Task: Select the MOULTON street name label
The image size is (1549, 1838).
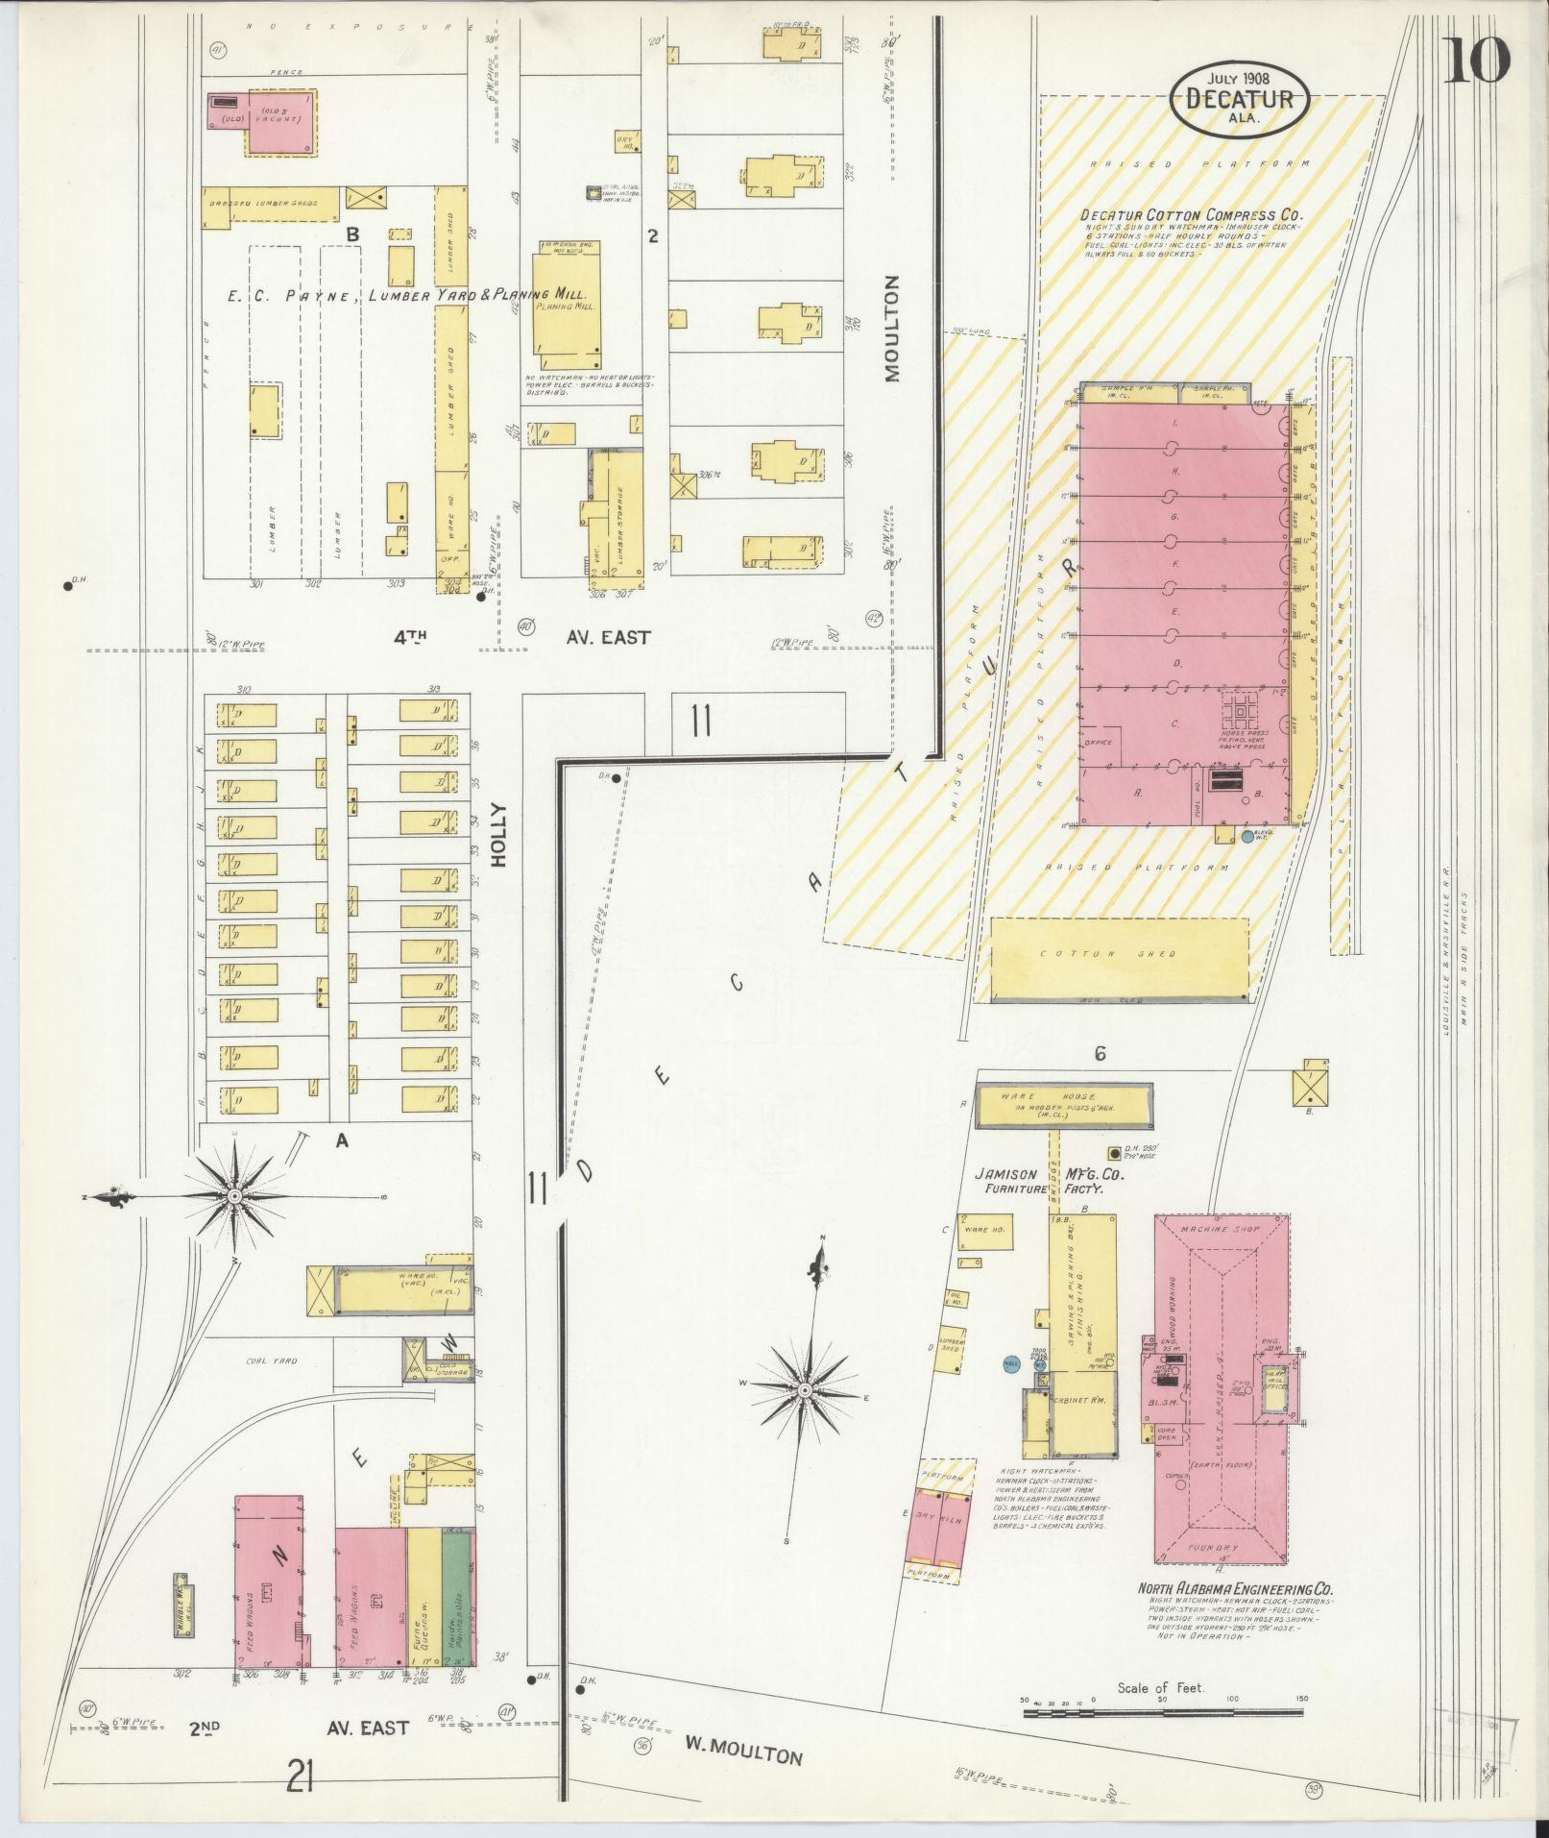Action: coord(892,329)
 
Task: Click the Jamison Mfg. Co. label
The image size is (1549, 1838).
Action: coord(1049,1174)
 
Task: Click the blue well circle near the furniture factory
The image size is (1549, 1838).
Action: coord(1009,1362)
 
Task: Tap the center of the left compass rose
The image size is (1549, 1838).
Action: coord(234,1195)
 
